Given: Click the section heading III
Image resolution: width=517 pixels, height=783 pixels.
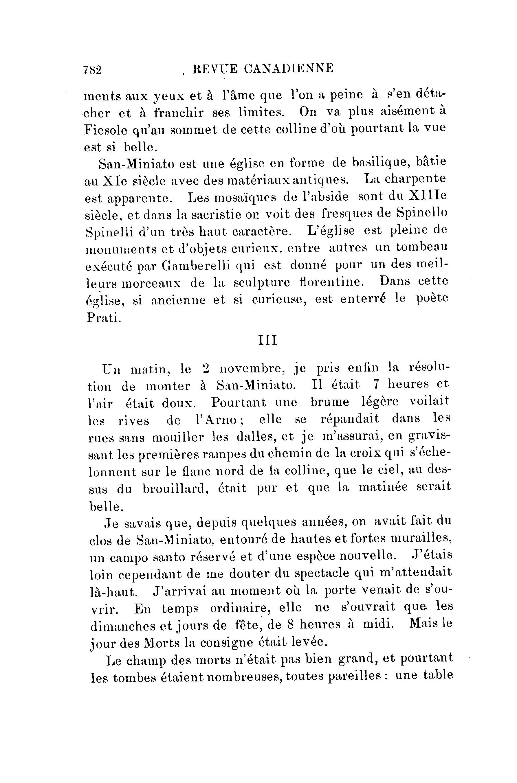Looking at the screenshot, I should tap(267, 340).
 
